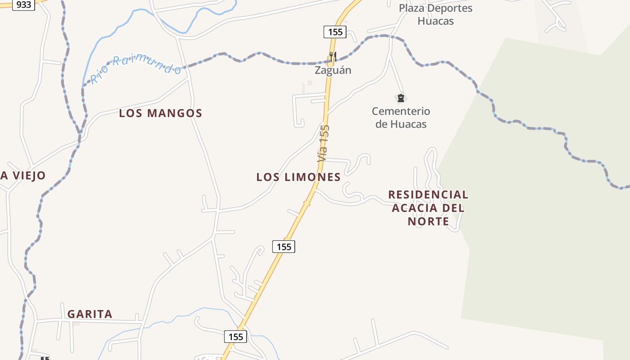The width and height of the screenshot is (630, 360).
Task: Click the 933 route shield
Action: click(23, 5)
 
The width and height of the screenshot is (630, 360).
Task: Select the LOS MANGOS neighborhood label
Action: click(161, 113)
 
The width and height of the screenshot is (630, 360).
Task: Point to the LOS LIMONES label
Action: click(298, 177)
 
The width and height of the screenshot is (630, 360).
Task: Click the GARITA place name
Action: click(90, 314)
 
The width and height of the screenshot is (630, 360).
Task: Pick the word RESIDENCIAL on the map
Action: click(428, 194)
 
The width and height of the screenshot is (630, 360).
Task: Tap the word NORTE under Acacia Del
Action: click(428, 221)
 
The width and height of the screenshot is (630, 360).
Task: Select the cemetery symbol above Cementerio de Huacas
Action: click(400, 98)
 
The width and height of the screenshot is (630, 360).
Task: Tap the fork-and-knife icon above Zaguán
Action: click(333, 57)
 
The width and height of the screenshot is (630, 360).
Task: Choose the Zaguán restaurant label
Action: click(333, 70)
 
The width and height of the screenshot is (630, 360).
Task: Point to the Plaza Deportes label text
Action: click(436, 8)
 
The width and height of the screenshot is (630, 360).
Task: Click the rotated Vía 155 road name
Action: click(324, 143)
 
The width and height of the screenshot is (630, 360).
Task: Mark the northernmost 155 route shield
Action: click(335, 31)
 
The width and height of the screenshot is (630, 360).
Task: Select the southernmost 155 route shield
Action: click(235, 337)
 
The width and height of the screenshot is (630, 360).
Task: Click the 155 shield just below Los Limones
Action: click(283, 247)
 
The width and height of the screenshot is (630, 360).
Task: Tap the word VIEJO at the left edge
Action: click(29, 175)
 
